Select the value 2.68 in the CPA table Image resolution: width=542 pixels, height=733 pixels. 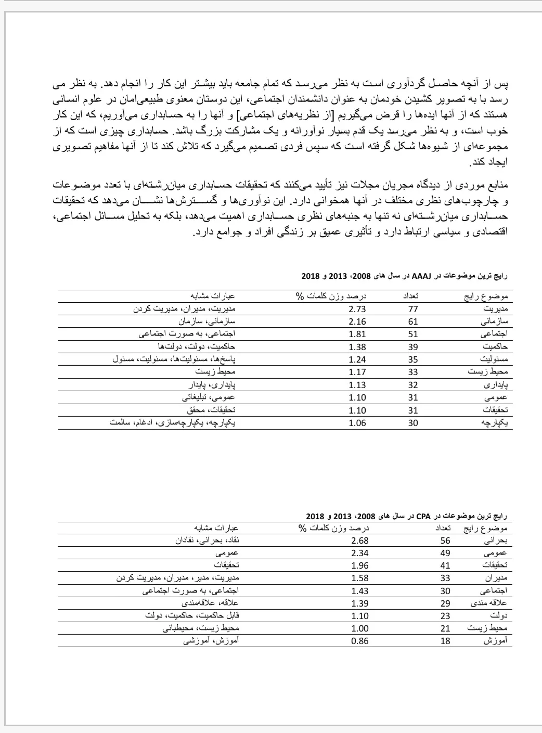[359, 541]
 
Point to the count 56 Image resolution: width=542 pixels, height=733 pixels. [445, 541]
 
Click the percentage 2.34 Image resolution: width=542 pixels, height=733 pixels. [359, 553]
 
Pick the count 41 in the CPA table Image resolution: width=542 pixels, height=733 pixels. [445, 565]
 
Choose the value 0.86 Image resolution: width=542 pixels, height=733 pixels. [359, 641]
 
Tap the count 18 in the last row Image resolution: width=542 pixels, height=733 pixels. [445, 641]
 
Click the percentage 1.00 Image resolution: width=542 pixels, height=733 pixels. [359, 628]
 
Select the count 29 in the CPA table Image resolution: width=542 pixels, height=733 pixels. [445, 603]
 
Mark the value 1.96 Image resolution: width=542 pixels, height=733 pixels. [359, 565]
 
